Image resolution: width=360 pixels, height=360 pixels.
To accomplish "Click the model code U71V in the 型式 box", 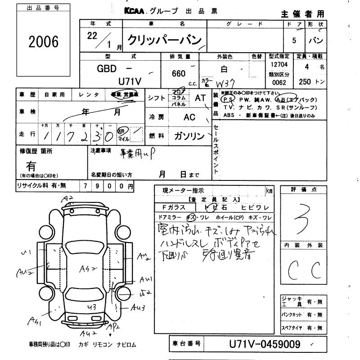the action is tap(130, 81).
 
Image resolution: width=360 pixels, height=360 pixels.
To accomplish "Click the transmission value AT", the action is tap(199, 97).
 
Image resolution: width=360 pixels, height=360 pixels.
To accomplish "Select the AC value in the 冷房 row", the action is tap(190, 117).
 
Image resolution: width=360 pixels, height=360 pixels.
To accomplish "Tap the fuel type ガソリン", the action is tap(189, 136).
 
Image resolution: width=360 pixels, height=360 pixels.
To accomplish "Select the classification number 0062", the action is tap(279, 83).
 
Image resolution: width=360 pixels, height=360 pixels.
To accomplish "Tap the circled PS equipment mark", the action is tap(229, 99).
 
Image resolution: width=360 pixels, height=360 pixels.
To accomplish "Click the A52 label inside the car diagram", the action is tap(85, 270).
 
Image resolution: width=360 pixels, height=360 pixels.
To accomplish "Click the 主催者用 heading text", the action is tap(308, 14).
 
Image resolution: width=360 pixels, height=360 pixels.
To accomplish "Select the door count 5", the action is tap(294, 40).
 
